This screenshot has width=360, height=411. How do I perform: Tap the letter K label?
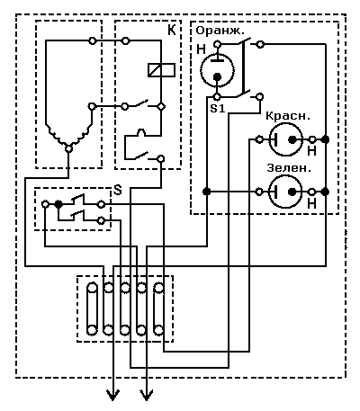(x=171, y=31)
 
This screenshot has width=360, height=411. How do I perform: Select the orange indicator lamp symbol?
(x=217, y=70)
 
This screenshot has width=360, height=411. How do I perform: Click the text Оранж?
(x=220, y=31)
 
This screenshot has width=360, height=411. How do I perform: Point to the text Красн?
(x=287, y=116)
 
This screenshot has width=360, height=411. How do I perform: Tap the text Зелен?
(x=289, y=168)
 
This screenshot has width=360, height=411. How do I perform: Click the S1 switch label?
(x=218, y=109)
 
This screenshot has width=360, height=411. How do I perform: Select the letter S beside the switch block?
(x=118, y=190)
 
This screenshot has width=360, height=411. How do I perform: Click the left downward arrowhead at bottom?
(x=113, y=395)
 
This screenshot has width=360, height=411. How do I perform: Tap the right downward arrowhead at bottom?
(x=147, y=395)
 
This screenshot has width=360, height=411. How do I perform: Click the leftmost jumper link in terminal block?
(x=92, y=308)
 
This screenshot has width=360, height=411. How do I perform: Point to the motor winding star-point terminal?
(x=69, y=148)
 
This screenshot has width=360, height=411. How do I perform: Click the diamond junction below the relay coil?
(x=161, y=106)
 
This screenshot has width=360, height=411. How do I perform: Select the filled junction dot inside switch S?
(x=58, y=204)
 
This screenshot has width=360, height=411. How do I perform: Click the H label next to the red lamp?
(x=312, y=151)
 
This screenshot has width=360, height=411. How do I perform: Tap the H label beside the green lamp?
(x=312, y=204)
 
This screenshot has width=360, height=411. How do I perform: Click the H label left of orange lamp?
(x=201, y=49)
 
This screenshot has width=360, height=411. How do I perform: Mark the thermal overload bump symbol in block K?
(x=141, y=132)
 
